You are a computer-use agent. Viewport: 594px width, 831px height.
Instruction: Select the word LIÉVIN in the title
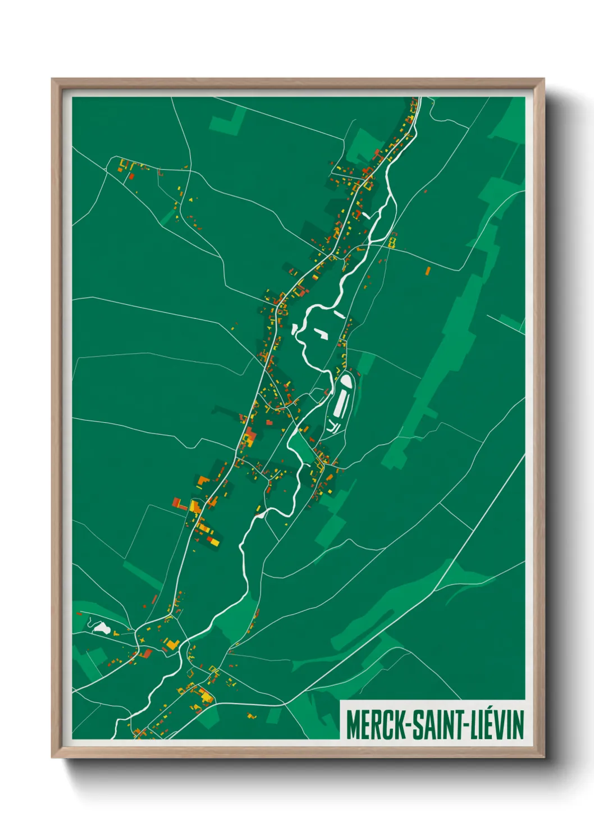pos(497,724)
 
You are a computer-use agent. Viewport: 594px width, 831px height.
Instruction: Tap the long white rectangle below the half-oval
pos(340,405)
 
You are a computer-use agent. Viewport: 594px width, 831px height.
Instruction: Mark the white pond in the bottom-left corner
pos(100,627)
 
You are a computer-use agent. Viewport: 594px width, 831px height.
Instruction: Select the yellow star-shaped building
pos(142,640)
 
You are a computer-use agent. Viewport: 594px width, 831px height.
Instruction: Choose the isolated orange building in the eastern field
pos(427,271)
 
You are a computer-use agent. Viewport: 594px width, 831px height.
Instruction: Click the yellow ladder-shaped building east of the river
pos(392,242)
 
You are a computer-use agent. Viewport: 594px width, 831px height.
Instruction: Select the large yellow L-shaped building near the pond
pos(172,644)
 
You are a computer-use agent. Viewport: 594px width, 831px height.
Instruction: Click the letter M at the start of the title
pos(352,724)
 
